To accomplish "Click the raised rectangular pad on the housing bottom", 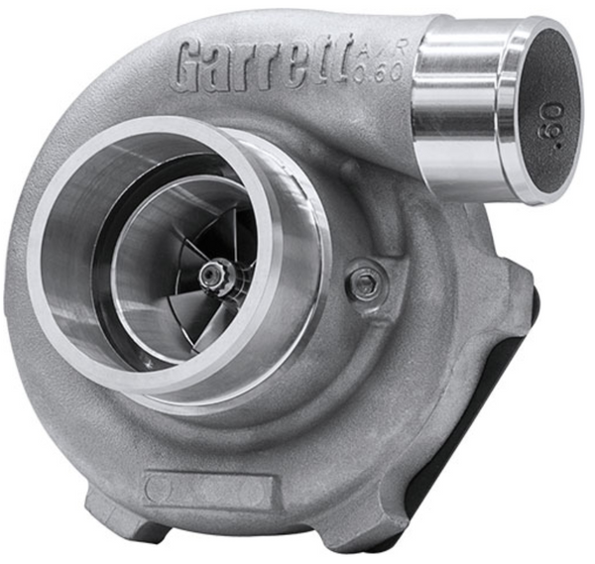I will [x=207, y=489].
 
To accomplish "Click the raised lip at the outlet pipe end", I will [x=521, y=109].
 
